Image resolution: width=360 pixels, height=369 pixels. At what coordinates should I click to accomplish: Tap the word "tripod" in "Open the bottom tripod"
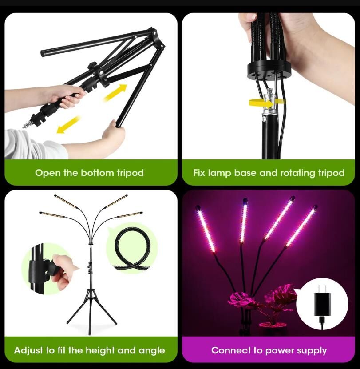point(131,173)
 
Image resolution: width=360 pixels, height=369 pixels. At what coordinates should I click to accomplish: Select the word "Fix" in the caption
point(199,173)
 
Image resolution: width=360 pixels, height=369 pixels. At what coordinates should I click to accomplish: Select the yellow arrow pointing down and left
point(68,124)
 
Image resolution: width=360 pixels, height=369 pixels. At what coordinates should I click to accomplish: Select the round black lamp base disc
point(269,70)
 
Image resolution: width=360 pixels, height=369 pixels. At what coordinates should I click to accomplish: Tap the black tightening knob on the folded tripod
point(92,66)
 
